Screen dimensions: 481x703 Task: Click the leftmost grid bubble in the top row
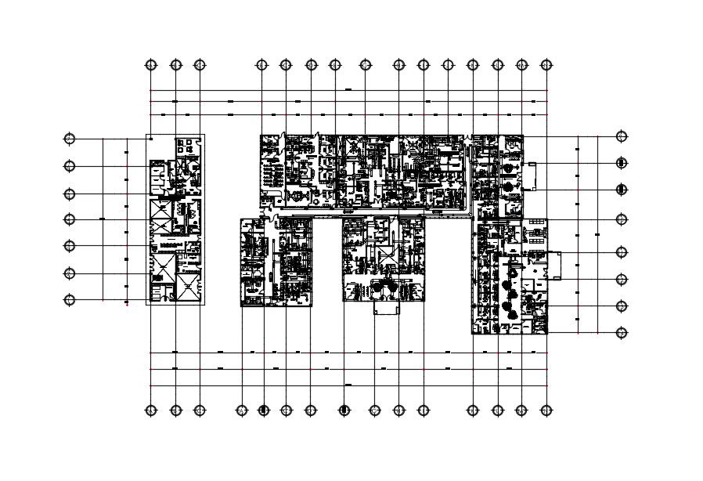coord(152,65)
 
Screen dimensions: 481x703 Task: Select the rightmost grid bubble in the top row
coord(546,65)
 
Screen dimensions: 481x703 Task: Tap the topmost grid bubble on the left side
coord(70,139)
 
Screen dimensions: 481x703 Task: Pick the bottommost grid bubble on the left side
coord(70,300)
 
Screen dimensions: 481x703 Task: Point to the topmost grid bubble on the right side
coord(622,136)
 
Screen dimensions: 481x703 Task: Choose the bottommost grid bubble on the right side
coord(622,333)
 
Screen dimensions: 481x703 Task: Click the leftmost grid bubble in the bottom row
coord(152,410)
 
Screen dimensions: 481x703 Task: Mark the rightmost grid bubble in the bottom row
coord(546,410)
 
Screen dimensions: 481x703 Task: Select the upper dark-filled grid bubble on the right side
coord(622,164)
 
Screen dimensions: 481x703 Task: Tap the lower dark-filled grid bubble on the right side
coord(622,190)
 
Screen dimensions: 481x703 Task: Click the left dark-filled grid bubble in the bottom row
coord(264,410)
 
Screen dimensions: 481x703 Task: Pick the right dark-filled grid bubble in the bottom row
coord(344,410)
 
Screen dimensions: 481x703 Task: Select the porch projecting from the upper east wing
coord(531,176)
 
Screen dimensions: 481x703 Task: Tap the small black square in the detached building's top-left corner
coord(151,139)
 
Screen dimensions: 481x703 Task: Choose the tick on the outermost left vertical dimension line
coord(103,219)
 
